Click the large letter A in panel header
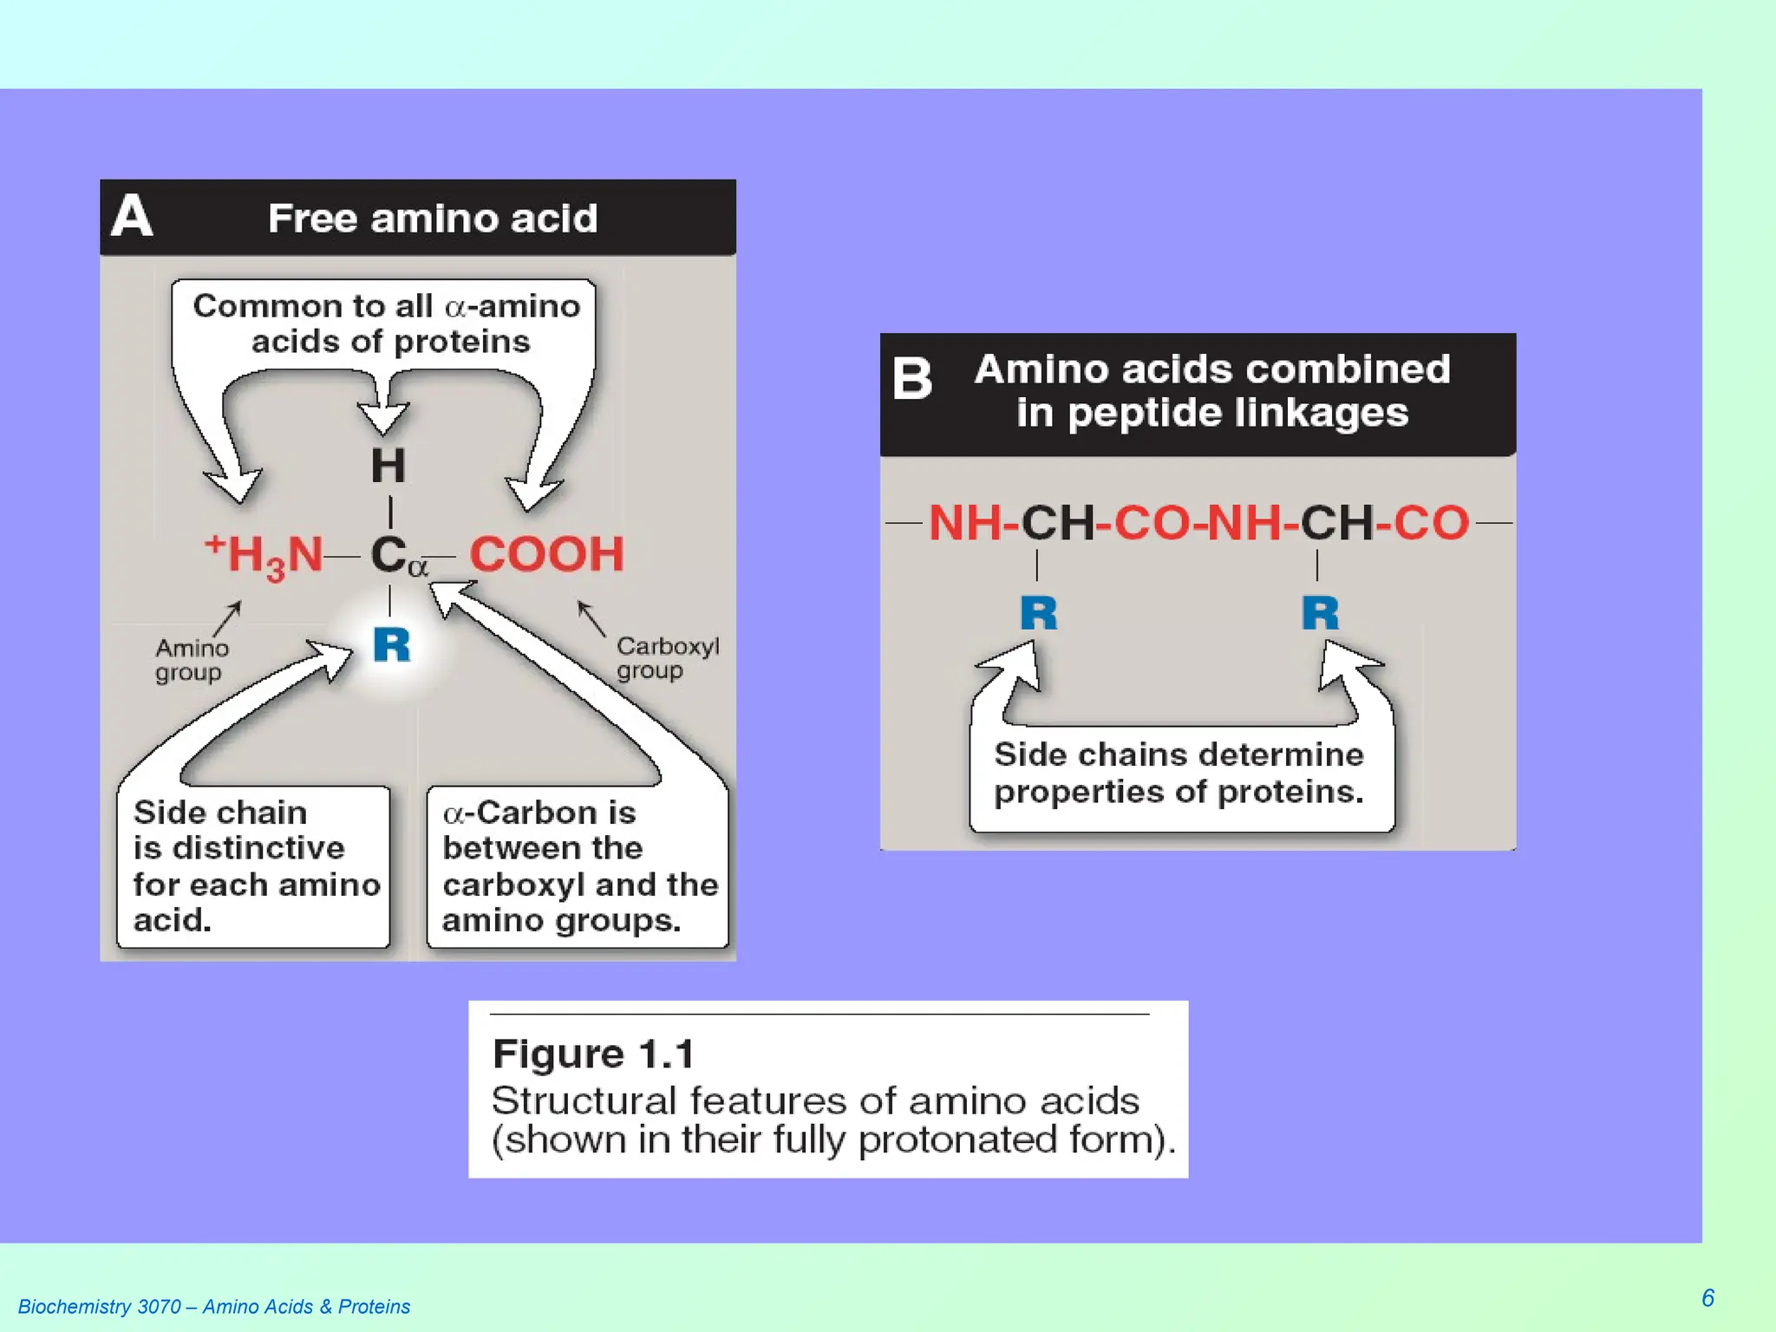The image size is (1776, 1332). pyautogui.click(x=132, y=216)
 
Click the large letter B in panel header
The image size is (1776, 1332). pyautogui.click(x=912, y=380)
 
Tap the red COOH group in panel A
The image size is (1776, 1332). pyautogui.click(x=546, y=554)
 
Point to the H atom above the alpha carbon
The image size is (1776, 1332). pyautogui.click(x=388, y=467)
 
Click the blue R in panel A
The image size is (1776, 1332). pyautogui.click(x=391, y=645)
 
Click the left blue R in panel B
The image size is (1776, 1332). pyautogui.click(x=1038, y=614)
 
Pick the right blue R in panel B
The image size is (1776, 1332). pyautogui.click(x=1320, y=614)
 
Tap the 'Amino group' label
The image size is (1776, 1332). pyautogui.click(x=191, y=660)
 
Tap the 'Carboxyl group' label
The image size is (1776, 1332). pyautogui.click(x=667, y=658)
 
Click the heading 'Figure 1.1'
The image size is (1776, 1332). pyautogui.click(x=593, y=1054)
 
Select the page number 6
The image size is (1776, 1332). pyautogui.click(x=1707, y=1297)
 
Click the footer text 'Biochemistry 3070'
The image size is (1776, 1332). pyautogui.click(x=99, y=1307)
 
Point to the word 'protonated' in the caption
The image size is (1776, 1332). pyautogui.click(x=957, y=1139)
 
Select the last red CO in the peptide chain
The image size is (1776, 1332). pyautogui.click(x=1431, y=524)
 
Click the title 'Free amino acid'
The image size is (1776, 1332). pyautogui.click(x=432, y=219)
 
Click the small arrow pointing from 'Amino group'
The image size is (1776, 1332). pyautogui.click(x=227, y=618)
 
